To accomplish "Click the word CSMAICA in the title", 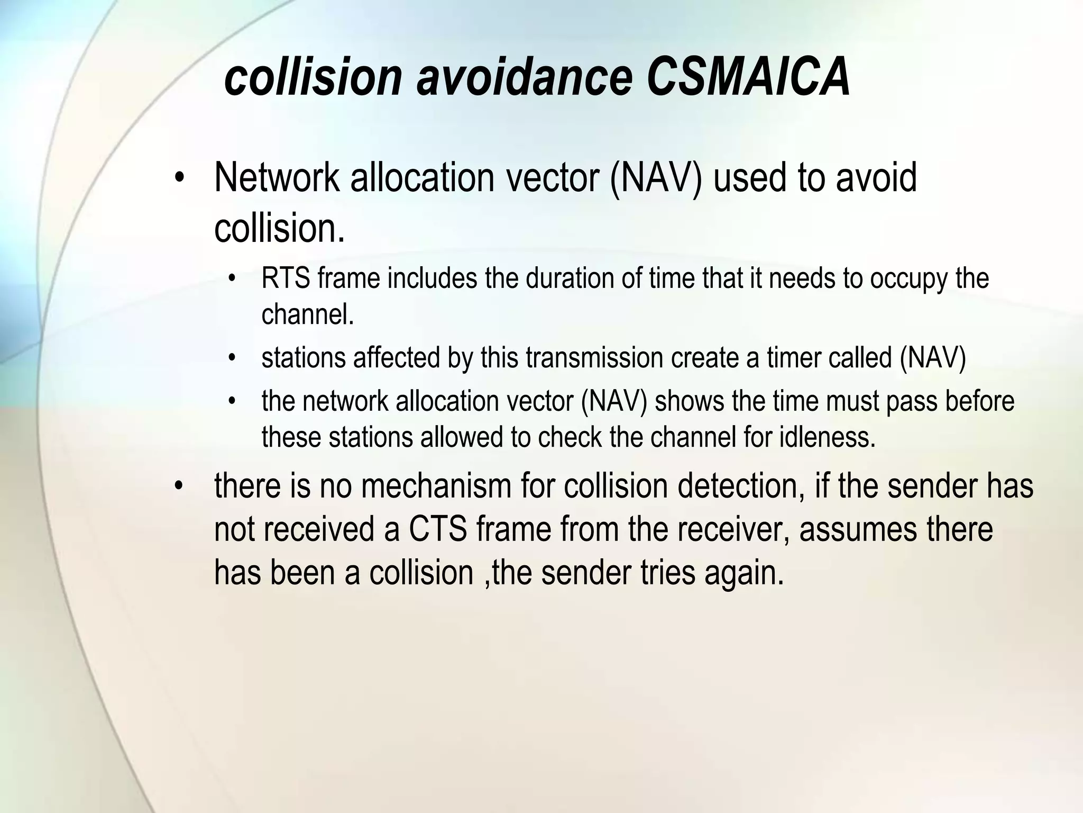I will (748, 78).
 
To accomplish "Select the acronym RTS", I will (286, 278).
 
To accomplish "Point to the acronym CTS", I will (438, 529).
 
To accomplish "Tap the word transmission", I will (595, 358).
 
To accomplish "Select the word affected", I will (397, 358).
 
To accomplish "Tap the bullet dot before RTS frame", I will (232, 279).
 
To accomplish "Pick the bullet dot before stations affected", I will (232, 359).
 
